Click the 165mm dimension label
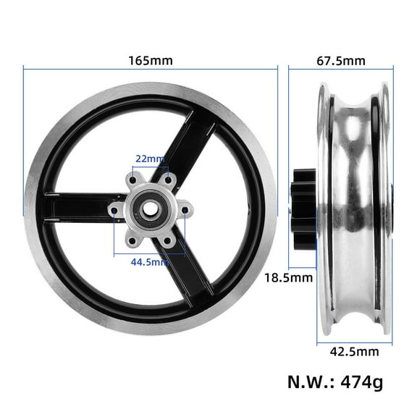[x=151, y=61]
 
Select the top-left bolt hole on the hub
[x=133, y=180]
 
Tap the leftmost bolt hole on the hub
[x=116, y=211]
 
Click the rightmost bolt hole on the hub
[x=185, y=211]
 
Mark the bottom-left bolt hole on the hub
[x=133, y=241]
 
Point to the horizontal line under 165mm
[x=151, y=69]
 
